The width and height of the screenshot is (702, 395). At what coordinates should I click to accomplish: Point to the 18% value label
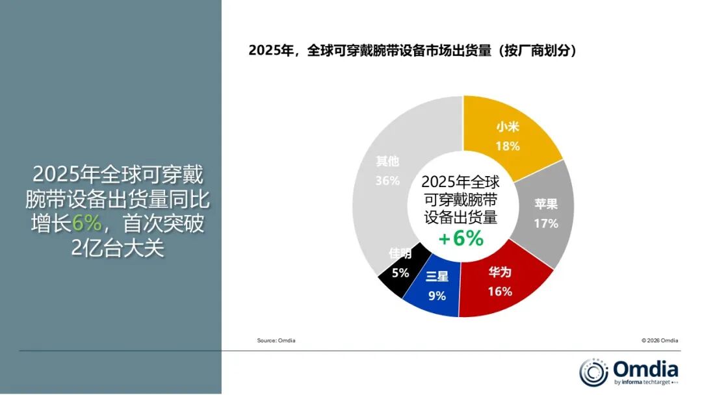[508, 146]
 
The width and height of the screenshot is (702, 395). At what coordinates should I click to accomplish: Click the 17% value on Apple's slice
[546, 223]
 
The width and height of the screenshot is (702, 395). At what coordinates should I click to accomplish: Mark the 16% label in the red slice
[500, 292]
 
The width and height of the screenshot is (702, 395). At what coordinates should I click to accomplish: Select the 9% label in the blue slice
[437, 296]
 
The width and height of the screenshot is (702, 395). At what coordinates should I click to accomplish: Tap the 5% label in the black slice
[400, 274]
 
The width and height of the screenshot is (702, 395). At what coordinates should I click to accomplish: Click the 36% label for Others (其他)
[387, 181]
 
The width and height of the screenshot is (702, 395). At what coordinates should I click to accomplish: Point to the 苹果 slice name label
[546, 204]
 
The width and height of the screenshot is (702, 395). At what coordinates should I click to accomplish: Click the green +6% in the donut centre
[461, 238]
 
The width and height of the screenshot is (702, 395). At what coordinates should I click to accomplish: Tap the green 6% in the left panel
[86, 223]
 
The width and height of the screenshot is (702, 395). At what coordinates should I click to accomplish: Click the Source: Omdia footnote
[276, 340]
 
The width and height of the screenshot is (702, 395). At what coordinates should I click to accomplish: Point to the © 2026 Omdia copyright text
[659, 340]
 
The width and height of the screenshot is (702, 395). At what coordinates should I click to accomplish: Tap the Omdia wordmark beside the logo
[645, 369]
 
